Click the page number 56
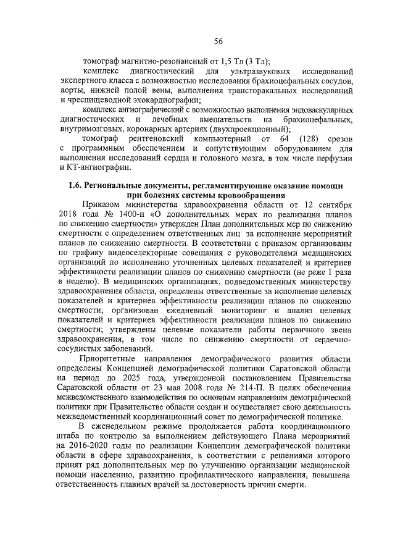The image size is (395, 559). pos(218,41)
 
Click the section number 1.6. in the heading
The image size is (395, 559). pos(76,186)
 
